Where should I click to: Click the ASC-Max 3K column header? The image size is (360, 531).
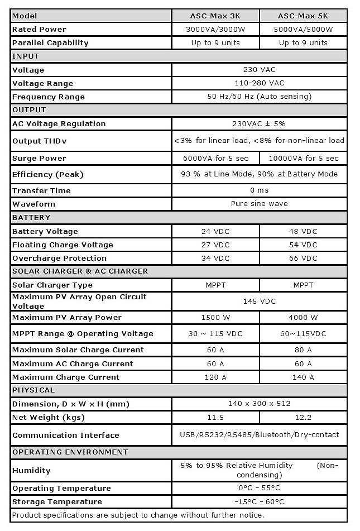(x=215, y=16)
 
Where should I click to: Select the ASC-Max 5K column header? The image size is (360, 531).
(x=303, y=16)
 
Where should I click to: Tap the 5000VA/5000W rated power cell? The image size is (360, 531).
(x=303, y=29)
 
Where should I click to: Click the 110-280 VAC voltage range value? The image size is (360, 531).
(x=259, y=83)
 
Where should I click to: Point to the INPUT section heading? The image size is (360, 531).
(x=26, y=56)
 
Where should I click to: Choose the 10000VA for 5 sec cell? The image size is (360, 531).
(x=303, y=159)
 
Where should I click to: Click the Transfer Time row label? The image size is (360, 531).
(x=41, y=190)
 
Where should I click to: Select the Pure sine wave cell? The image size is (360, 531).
(x=259, y=204)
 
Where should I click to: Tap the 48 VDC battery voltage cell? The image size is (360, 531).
(x=303, y=231)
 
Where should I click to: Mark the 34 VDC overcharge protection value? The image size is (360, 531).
(x=215, y=258)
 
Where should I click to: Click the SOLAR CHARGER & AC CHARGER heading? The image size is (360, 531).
(x=80, y=271)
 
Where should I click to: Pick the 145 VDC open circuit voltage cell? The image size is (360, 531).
(x=259, y=301)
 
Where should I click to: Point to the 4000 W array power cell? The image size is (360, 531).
(x=303, y=317)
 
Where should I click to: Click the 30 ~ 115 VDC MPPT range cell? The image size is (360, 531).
(x=215, y=333)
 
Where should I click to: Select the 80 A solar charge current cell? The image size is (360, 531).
(x=303, y=350)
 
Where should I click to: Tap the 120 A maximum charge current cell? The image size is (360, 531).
(x=215, y=377)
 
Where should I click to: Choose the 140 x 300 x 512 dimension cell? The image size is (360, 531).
(x=259, y=403)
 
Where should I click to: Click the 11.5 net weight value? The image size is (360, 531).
(x=215, y=417)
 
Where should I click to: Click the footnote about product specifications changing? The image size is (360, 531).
(x=138, y=515)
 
